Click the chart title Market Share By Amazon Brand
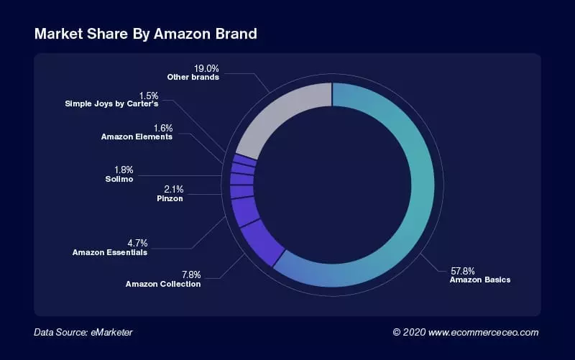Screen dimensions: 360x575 click(145, 34)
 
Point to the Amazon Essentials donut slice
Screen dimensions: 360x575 click(244, 212)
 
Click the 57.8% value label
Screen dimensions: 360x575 click(462, 271)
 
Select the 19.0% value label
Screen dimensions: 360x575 click(207, 68)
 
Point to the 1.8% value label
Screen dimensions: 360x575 click(124, 170)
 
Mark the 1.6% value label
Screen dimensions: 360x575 click(162, 128)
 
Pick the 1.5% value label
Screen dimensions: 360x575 click(148, 96)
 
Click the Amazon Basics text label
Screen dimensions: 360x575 click(479, 280)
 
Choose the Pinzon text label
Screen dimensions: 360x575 click(169, 198)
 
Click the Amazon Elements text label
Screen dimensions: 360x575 click(137, 137)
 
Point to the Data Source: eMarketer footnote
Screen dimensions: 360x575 click(83, 332)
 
